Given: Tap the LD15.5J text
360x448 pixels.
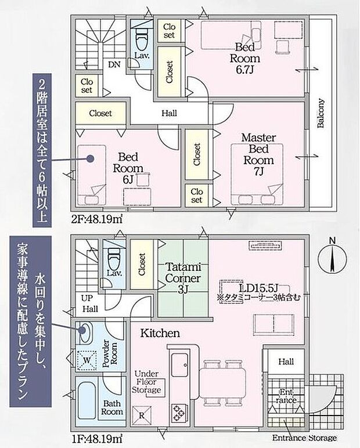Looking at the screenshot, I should pyautogui.click(x=253, y=288).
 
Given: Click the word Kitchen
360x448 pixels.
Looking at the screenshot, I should pyautogui.click(x=159, y=333).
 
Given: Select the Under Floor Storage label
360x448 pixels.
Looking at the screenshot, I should pyautogui.click(x=147, y=382).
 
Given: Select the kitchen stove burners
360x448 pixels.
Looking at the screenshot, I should pyautogui.click(x=178, y=414).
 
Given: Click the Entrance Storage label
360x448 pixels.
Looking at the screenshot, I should pyautogui.click(x=305, y=438).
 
